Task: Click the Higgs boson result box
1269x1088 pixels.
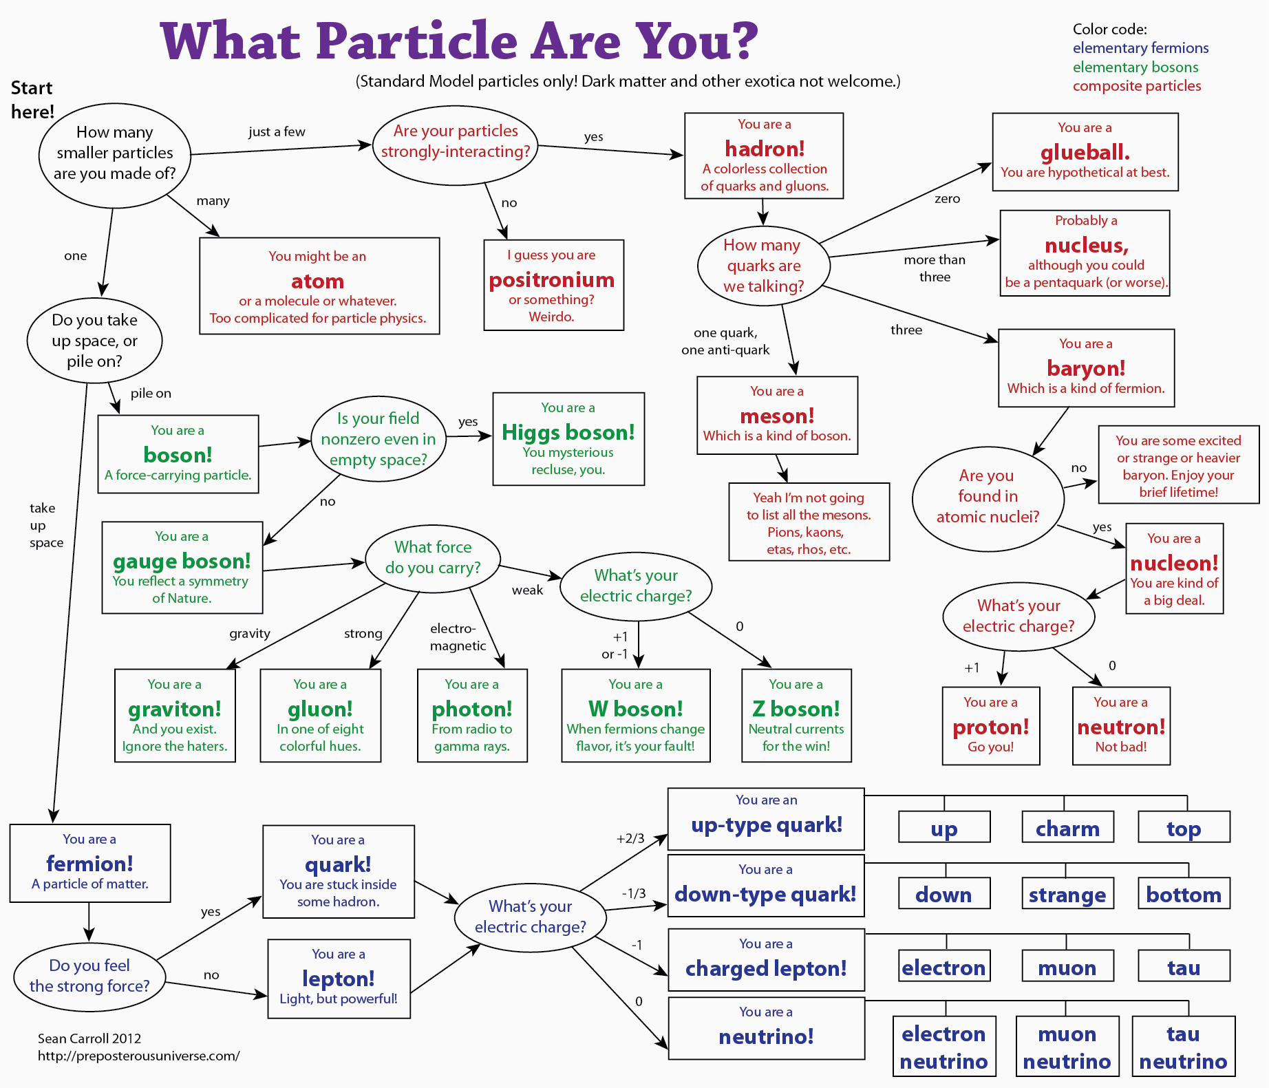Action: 568,438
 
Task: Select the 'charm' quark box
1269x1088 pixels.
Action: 1067,827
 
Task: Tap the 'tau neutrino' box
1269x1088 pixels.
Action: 1183,1046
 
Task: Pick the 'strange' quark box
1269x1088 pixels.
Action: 1067,893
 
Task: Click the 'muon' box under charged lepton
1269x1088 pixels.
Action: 1067,966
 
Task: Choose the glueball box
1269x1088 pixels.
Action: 1085,151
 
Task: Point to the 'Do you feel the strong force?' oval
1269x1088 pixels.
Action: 89,976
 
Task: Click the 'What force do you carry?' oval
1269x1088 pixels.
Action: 433,557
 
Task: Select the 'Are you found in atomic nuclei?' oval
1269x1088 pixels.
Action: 988,496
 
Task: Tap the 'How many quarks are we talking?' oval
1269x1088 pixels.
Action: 763,266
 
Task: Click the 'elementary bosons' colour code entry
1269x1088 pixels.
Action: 1135,67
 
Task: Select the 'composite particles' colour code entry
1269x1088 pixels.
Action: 1137,86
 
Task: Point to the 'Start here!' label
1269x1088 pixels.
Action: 32,100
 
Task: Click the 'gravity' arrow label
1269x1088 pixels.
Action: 250,633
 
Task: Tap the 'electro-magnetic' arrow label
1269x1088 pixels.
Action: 457,637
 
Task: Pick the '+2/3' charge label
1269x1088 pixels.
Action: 630,838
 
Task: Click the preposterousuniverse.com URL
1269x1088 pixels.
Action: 138,1056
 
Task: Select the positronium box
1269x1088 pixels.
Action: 553,285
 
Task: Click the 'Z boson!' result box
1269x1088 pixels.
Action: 796,715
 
